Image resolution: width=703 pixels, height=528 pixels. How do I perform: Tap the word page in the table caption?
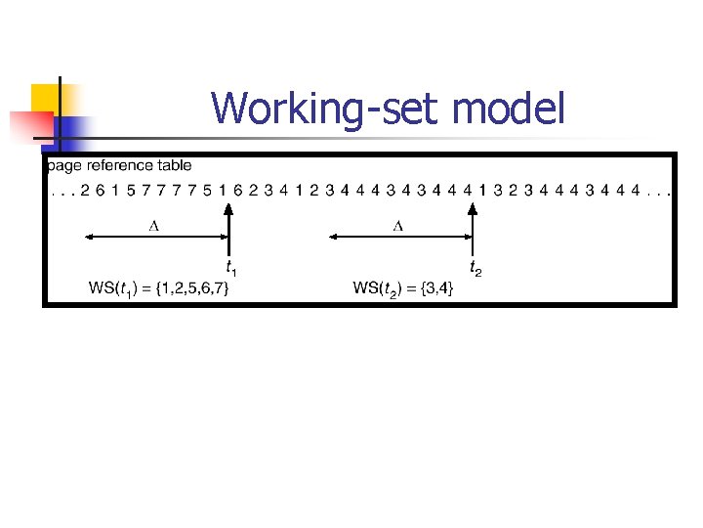[63, 166]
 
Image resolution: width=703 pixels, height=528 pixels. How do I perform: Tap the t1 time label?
[231, 266]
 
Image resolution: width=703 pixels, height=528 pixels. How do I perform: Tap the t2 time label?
[476, 266]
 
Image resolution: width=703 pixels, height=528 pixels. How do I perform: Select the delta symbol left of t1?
[153, 226]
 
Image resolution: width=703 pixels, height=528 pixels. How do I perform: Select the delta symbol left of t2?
[397, 226]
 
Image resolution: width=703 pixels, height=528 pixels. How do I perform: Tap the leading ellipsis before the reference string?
[61, 192]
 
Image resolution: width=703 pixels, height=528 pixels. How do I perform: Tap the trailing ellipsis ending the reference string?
[658, 192]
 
